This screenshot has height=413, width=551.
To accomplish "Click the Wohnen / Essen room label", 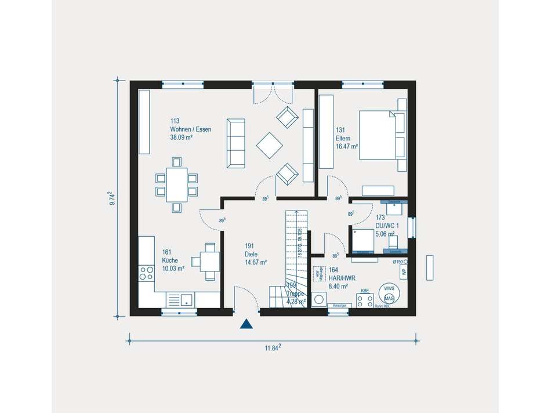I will pos(190,129).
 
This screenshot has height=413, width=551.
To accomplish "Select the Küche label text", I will pos(169,260).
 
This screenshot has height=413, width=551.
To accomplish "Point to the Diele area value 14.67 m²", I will pos(255,262).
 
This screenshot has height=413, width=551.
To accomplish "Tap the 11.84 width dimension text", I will pos(273,348).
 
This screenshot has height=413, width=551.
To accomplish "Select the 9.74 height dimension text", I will pos(113,199).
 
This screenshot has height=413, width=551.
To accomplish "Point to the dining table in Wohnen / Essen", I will pos(177,184).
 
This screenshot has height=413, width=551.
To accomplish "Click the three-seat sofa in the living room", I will pos(236,143).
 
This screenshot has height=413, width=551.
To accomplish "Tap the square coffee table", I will pos(269,146).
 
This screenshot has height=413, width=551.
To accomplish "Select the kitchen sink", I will pos(186,300).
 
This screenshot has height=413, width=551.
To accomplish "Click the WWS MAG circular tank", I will pos(388,293).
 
